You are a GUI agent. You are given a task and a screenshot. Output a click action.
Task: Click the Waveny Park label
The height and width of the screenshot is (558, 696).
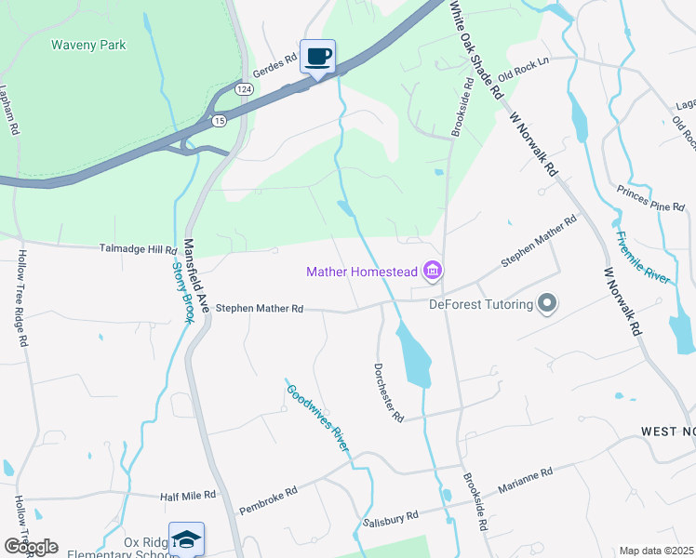[x=88, y=45]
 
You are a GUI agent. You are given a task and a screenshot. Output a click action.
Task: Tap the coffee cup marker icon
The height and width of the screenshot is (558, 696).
[x=317, y=57]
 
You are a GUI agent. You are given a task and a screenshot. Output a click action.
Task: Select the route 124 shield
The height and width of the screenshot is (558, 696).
[x=244, y=88]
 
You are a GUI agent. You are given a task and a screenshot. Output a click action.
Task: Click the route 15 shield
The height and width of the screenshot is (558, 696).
[x=220, y=121]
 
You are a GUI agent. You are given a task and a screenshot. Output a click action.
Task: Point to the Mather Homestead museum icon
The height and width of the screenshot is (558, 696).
[x=432, y=272]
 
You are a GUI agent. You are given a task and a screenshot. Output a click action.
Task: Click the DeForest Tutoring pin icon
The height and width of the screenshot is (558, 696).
[x=547, y=304]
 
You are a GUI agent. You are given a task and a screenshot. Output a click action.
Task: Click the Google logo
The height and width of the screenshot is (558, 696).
[x=31, y=547]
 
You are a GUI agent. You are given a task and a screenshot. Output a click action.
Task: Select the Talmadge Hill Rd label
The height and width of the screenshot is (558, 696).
[x=138, y=250]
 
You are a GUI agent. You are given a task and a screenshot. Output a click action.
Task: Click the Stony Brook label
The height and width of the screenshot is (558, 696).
[x=183, y=292]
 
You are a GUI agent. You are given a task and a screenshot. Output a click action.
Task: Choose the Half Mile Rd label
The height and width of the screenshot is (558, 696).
[x=188, y=496]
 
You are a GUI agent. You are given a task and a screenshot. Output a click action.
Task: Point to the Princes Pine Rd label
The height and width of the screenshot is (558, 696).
[x=650, y=197]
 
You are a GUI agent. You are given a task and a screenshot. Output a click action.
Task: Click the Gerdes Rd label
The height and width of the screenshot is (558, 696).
[x=279, y=59]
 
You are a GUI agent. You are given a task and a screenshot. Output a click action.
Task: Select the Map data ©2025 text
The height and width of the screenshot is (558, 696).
[x=656, y=551]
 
